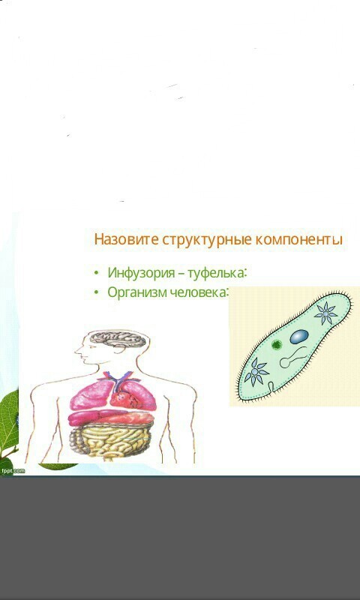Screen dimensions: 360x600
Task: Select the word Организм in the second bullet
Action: pos(137,292)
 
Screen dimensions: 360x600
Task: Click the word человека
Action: pos(199,292)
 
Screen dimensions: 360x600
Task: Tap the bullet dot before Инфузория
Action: pos(96,273)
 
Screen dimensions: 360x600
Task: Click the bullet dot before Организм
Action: pos(96,292)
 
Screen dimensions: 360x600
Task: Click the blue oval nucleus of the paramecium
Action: pos(299,337)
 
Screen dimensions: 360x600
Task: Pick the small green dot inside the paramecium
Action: pos(277,345)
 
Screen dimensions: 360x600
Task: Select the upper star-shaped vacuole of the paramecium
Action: pos(325,313)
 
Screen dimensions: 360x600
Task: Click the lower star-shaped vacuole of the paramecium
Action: pos(256,371)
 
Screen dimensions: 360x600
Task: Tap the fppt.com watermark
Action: pos(13,471)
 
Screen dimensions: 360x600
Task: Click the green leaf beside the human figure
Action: pos(8,421)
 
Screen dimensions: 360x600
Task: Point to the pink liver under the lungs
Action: pos(111,417)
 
